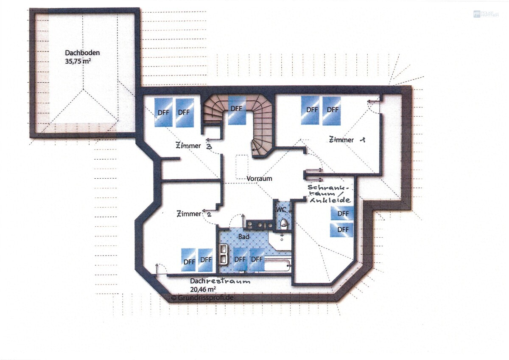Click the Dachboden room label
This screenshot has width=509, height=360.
[x=82, y=53]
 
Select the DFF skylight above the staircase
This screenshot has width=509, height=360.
[x=237, y=110]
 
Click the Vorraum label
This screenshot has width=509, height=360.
[x=259, y=179]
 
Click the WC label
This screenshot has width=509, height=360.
[x=281, y=210]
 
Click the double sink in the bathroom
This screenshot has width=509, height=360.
[x=224, y=254]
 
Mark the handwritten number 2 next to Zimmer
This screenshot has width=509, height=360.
[x=209, y=214]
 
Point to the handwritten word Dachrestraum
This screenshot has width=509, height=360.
[x=220, y=281]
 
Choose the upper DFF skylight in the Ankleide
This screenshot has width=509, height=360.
[x=342, y=214]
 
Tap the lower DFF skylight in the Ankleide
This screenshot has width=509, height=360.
[x=342, y=230]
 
